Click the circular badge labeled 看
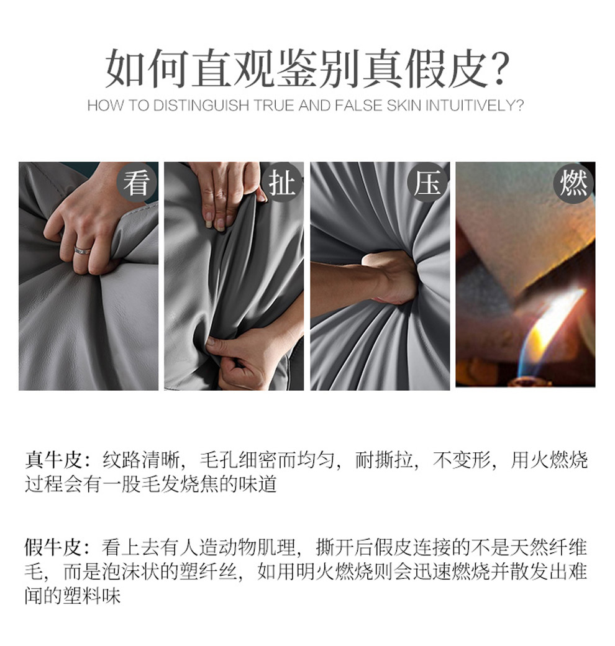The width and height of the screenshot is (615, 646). coord(137,183)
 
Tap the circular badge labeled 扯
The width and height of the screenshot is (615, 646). coord(283,183)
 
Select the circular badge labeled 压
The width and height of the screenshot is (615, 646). coord(427,183)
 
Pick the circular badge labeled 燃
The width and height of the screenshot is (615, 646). coord(573,183)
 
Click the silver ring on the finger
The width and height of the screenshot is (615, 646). coord(83,250)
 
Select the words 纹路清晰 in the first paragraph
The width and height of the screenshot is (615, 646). coord(141,460)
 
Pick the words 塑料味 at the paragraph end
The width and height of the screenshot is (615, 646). coord(91,596)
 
